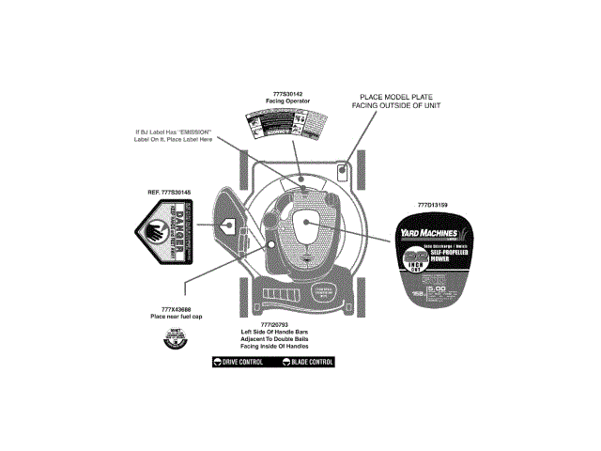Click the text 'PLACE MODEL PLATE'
pos(395,96)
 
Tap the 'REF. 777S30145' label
pos(169,192)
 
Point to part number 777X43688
pos(170,309)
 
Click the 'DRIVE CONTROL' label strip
pos(239,362)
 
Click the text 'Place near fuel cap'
pos(170,317)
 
